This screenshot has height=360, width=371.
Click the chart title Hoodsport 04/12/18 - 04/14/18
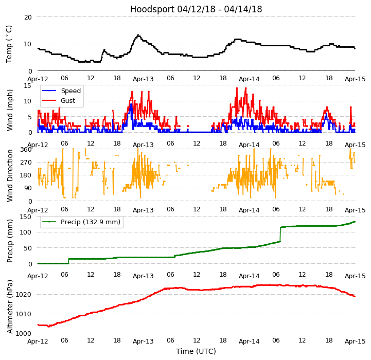pos(196,9)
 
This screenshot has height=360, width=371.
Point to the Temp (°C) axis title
pos(9,44)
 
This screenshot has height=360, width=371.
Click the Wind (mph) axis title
pos(10,110)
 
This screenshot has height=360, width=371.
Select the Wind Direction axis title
pos(10,175)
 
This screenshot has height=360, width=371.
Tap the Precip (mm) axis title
pos(10,240)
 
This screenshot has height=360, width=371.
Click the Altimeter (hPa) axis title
pos(10,307)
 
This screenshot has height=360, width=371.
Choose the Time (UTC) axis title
pos(196,351)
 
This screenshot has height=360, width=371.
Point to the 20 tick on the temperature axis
pos(28,17)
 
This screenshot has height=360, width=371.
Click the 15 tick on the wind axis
pos(28,86)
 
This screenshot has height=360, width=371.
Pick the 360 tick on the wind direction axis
pos(26,150)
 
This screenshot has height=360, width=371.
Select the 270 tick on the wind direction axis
pos(26,163)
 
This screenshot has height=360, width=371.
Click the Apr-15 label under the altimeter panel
pos(355,341)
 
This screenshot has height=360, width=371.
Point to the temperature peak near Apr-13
pos(138,35)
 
